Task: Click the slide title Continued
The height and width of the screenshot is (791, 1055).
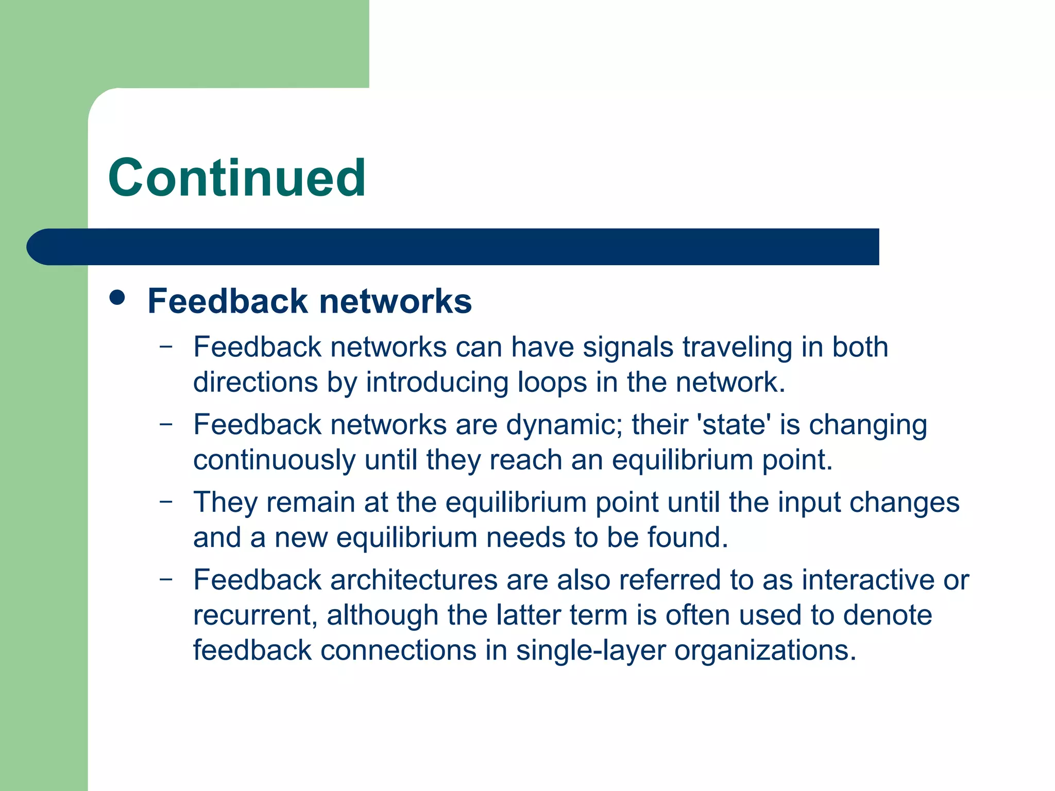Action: [237, 178]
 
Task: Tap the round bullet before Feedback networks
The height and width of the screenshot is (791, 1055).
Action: [117, 298]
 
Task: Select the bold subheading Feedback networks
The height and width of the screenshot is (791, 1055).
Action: [310, 301]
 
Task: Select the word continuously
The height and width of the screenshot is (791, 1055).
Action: [274, 460]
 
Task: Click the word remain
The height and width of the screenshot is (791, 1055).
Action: [311, 502]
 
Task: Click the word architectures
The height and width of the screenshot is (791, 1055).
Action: [414, 580]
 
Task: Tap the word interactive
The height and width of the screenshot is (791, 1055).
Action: [868, 580]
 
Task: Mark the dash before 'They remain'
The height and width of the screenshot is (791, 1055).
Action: [166, 501]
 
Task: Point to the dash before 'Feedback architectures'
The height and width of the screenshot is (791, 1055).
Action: [166, 578]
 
